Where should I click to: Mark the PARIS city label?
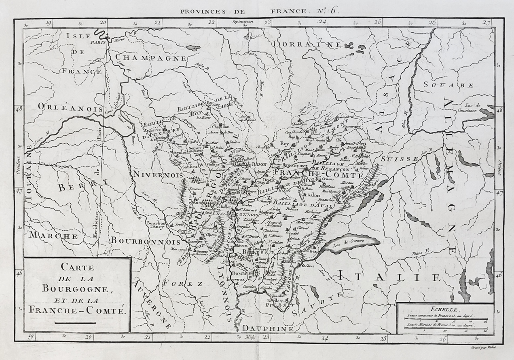tap(97, 42)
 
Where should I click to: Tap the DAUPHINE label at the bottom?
tap(267, 329)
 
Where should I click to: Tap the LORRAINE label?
tap(307, 44)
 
